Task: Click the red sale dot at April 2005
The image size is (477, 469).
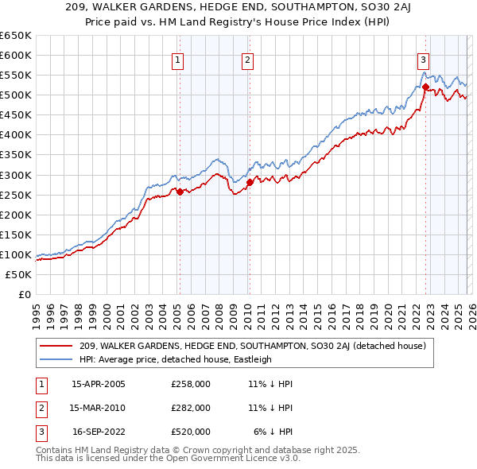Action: [180, 191]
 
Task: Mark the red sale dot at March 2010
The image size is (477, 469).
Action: [250, 182]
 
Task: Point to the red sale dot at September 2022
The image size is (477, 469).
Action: [425, 87]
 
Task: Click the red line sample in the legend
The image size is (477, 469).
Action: [56, 346]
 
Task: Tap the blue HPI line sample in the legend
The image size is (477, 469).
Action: [56, 359]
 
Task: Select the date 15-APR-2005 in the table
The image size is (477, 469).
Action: [99, 384]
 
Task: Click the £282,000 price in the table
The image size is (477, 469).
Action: [191, 408]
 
